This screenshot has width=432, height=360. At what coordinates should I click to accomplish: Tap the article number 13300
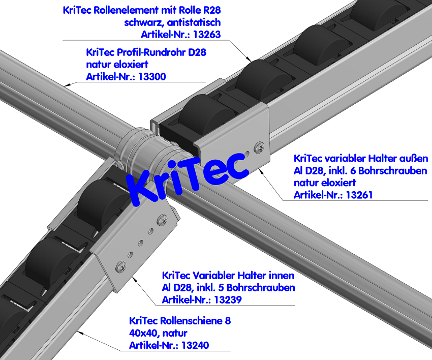[152, 77]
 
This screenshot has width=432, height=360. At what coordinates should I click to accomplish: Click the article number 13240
[195, 345]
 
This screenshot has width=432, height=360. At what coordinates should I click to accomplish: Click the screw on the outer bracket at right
[260, 147]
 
